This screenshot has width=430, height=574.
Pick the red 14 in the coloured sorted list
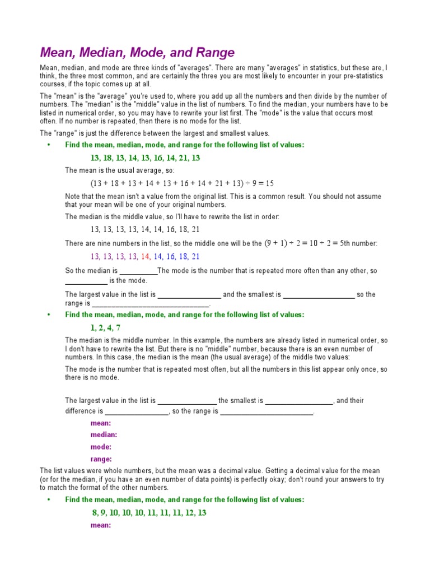[x=146, y=256]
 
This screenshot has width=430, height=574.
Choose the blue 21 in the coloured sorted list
[x=195, y=256]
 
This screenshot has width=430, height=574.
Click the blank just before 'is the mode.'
[x=86, y=281]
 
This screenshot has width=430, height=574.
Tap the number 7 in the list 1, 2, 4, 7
[x=118, y=328]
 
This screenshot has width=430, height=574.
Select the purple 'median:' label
[x=104, y=434]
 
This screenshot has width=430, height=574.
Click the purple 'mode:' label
[x=101, y=447]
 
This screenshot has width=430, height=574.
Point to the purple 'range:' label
[x=101, y=459]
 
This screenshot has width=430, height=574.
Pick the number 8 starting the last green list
[x=95, y=513]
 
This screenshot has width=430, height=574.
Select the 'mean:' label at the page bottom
[x=101, y=525]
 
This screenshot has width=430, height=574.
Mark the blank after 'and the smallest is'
[x=319, y=295]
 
